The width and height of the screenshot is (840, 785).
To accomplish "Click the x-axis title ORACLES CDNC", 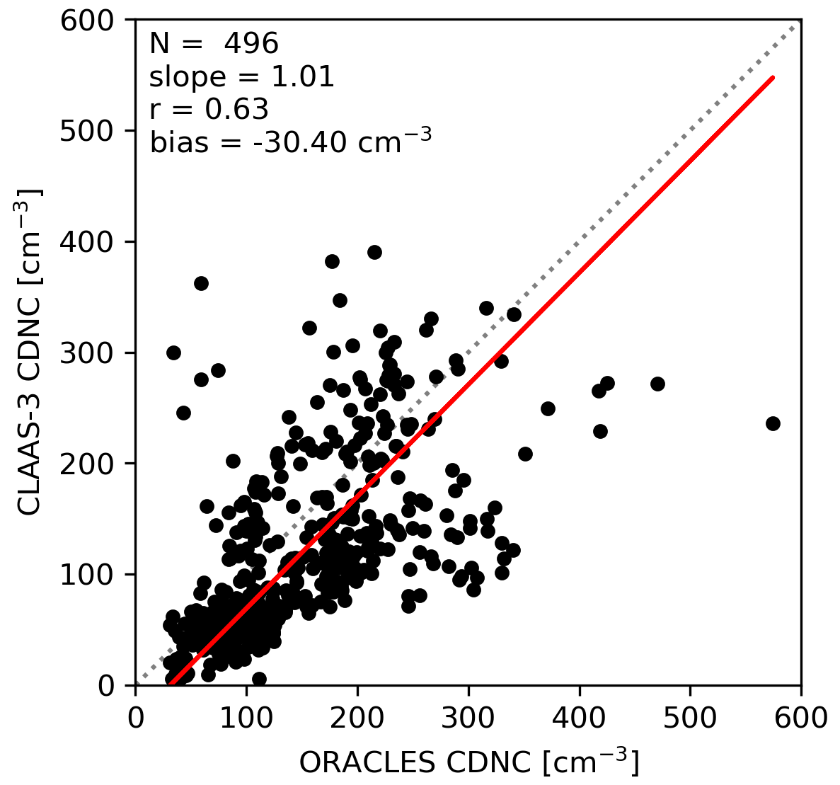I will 469,762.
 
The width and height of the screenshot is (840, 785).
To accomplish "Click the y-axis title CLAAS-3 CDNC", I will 30,353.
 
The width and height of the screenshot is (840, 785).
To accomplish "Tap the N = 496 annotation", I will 214,44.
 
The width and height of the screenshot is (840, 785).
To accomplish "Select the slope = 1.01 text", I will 241,77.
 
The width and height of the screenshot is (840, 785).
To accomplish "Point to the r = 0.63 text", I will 209,110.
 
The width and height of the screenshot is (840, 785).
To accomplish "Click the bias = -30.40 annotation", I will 290,142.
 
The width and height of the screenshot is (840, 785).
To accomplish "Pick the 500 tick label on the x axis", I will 690,718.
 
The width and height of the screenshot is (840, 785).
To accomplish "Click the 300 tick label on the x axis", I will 468,718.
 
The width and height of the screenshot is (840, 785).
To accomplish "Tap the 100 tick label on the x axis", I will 246,718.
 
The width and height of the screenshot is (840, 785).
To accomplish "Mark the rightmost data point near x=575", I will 773,423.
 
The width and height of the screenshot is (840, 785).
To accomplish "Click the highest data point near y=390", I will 374,252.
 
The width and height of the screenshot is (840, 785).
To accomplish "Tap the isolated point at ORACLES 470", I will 657,384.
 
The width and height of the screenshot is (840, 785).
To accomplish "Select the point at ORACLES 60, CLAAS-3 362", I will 201,283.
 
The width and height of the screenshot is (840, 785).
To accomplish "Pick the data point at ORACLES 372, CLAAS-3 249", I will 548,408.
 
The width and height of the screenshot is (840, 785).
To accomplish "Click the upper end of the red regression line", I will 773,77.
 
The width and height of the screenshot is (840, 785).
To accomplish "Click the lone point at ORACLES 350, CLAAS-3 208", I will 525,454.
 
